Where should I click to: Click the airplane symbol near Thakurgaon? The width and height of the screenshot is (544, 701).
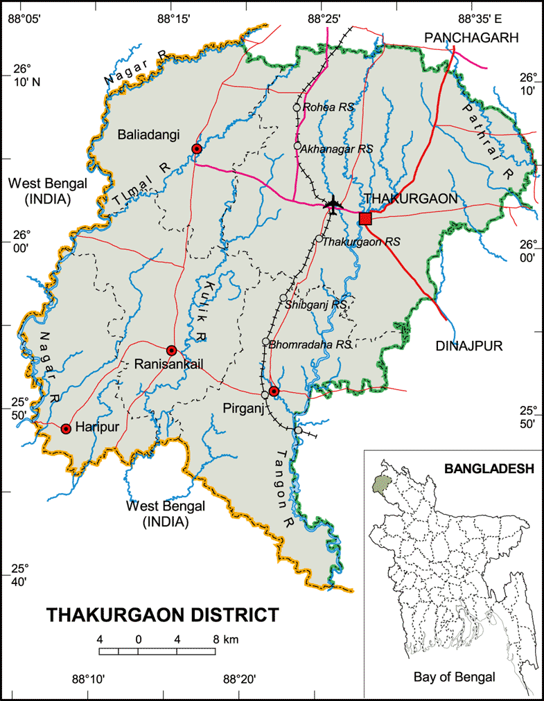coord(333,205)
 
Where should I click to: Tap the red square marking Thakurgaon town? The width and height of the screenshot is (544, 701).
coord(365,219)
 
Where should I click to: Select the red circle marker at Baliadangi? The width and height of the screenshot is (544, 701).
coord(197,149)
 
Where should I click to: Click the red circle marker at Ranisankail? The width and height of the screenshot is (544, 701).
coord(172,350)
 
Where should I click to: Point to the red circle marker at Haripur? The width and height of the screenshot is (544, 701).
coord(66,429)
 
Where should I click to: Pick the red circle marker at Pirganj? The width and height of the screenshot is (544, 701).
coord(274,391)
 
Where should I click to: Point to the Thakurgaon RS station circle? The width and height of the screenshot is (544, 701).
coord(319,238)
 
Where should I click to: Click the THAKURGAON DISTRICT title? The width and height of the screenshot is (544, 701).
coord(163,614)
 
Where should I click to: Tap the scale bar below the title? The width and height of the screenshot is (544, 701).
coord(159,651)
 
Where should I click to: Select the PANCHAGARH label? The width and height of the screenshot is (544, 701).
coord(471,37)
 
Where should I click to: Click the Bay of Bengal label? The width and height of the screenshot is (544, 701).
coord(454,677)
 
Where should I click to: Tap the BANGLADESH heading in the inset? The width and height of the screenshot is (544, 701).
coord(489,468)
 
